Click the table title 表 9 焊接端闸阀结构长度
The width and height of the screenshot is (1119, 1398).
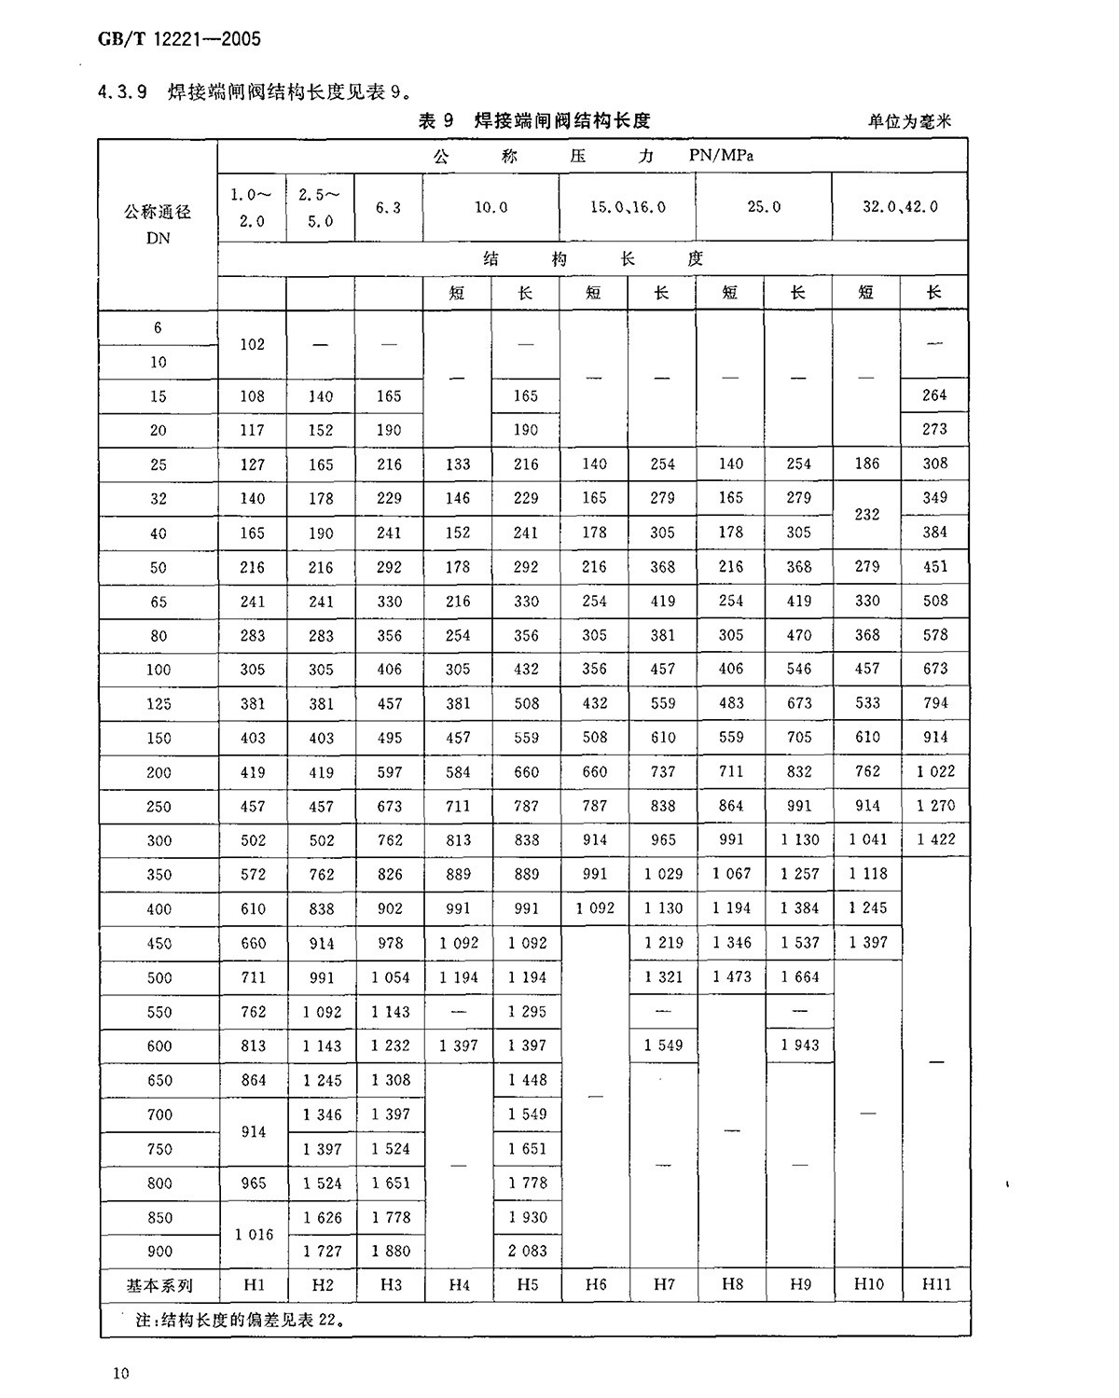(x=533, y=120)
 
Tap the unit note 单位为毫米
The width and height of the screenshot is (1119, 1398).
(x=909, y=121)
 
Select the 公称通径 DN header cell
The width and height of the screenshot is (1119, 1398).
(x=158, y=225)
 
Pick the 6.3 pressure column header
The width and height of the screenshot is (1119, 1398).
(x=389, y=207)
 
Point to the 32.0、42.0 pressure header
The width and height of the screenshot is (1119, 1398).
(x=900, y=207)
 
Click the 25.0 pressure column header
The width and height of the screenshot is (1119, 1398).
(x=764, y=207)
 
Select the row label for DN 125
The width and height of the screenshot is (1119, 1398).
(x=159, y=704)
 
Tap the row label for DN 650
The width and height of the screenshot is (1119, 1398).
(x=159, y=1080)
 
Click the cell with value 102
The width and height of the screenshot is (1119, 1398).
(x=253, y=344)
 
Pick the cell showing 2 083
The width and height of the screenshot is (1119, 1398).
(x=527, y=1251)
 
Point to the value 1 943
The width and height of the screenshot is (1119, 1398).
(x=799, y=1045)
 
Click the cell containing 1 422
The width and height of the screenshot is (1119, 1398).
(x=935, y=839)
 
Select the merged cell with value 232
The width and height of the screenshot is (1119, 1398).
(x=867, y=514)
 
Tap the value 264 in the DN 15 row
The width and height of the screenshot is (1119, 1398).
(x=934, y=395)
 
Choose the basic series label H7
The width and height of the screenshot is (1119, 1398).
(x=664, y=1285)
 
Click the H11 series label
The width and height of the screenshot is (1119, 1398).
(x=936, y=1285)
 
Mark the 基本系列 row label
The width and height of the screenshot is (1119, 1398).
(x=159, y=1285)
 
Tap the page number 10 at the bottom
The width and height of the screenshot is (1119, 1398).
(x=120, y=1373)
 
